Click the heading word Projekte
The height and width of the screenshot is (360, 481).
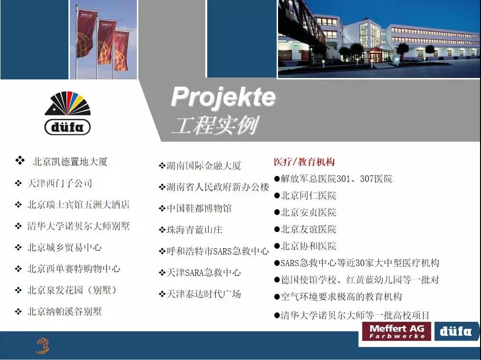223,97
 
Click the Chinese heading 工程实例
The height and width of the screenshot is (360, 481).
215,125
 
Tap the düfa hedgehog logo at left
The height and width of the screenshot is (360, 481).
67,113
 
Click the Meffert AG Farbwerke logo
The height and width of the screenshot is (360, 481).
397,331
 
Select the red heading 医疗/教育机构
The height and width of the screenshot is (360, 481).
304,162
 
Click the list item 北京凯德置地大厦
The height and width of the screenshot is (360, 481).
70,161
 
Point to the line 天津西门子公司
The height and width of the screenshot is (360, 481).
59,183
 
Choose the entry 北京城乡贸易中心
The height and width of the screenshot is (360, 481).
65,247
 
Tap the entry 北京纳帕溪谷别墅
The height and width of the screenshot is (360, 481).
65,311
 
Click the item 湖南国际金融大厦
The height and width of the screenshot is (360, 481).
204,165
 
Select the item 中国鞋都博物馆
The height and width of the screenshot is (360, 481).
199,208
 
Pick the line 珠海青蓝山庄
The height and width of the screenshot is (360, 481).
194,230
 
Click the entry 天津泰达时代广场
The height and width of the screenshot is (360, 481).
204,294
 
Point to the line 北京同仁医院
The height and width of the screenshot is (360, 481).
308,195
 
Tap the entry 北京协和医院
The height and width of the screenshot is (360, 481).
308,246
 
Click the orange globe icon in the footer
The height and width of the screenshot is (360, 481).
42,346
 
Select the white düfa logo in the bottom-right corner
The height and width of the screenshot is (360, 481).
456,331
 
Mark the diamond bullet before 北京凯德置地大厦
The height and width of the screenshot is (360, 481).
20,160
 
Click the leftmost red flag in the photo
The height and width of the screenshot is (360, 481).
86,34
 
